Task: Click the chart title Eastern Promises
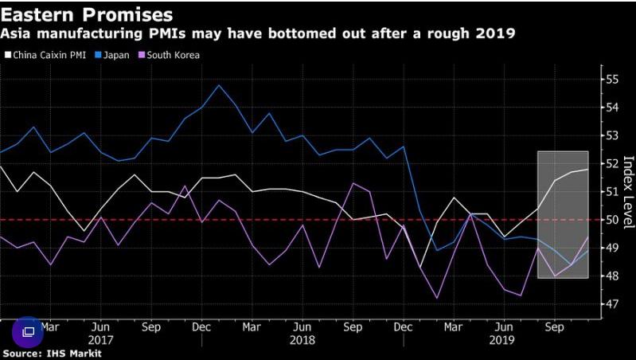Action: (87, 15)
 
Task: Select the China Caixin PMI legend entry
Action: (45, 55)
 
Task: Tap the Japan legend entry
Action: (112, 55)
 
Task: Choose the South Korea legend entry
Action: (169, 55)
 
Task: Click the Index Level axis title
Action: (628, 193)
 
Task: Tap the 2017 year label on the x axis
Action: (100, 339)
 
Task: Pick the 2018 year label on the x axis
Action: (302, 339)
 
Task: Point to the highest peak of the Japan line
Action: (219, 85)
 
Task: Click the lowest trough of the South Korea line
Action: (437, 299)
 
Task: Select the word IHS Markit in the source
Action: (73, 354)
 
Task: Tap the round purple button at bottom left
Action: (28, 332)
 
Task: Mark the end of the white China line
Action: (587, 169)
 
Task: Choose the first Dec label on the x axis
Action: (201, 327)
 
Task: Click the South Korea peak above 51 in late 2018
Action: (353, 183)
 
